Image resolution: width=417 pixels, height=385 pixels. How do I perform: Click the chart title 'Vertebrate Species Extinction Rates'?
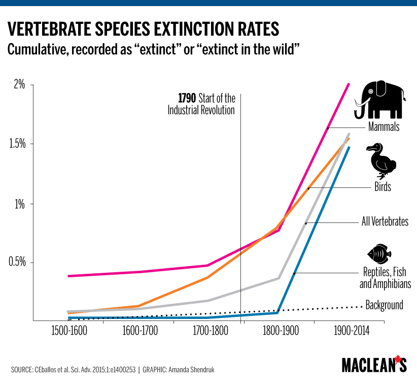(143, 29)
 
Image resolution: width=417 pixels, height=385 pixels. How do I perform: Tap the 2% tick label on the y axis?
(19, 85)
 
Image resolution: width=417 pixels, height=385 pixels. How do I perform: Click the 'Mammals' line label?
(384, 127)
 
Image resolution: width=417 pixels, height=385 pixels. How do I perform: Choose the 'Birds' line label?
(383, 187)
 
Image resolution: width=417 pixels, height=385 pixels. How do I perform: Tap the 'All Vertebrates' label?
(385, 221)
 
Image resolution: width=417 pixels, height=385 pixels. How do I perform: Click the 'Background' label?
(384, 305)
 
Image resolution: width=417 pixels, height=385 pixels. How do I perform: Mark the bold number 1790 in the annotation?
(187, 98)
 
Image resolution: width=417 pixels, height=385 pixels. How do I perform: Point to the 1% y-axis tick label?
(19, 204)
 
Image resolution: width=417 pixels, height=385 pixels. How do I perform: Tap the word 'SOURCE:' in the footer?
(23, 370)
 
